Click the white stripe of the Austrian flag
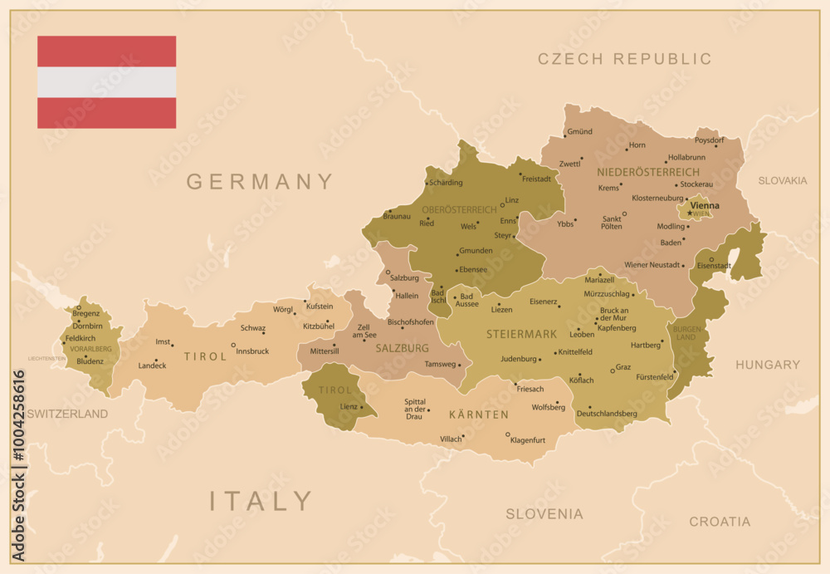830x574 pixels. coord(106,82)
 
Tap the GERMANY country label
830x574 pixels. coord(259,181)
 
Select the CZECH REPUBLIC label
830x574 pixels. coord(624,59)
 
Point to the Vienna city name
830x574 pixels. coord(705,205)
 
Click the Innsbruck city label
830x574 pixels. coord(252,351)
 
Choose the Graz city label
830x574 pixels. coord(623,366)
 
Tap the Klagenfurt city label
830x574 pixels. coord(528,440)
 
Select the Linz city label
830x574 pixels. coord(512,200)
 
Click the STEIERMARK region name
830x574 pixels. coord(521,335)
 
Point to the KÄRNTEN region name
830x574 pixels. coord(479,414)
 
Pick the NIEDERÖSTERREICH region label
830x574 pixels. coord(647,172)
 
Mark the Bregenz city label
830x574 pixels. coord(85,313)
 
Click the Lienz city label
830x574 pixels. coord(349,406)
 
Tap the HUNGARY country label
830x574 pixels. coord(767,365)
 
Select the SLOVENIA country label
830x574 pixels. coord(544,514)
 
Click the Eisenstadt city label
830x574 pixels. coord(714,266)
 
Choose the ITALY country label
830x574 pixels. coord(261,501)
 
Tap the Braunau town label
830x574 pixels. coord(397,216)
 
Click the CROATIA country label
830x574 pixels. coord(719,522)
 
